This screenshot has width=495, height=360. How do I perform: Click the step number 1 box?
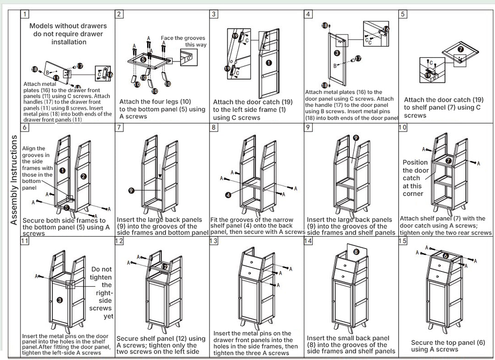[25, 14]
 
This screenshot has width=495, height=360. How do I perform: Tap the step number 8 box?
[214, 127]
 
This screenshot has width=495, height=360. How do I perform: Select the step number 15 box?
[402, 241]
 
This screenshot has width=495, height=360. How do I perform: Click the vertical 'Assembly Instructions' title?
[14, 180]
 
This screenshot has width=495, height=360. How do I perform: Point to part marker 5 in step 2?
[143, 59]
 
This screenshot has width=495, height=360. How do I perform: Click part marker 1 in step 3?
[269, 63]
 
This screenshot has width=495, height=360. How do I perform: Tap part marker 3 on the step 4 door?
[337, 53]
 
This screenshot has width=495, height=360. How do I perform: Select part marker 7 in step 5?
[460, 49]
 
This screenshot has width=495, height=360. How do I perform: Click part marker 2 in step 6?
[83, 176]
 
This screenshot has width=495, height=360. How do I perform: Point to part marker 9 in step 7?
[132, 190]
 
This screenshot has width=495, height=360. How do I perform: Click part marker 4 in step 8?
[228, 195]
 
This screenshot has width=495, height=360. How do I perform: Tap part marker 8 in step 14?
[356, 252]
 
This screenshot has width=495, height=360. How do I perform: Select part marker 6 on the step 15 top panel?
[446, 256]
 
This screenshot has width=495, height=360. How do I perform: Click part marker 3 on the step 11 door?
[59, 300]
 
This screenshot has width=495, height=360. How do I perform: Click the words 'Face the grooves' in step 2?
[183, 38]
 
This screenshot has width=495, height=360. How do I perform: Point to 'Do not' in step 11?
[101, 269]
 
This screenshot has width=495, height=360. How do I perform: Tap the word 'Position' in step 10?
[415, 162]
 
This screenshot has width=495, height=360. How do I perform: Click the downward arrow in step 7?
[160, 171]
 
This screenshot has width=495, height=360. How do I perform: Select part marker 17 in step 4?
[358, 58]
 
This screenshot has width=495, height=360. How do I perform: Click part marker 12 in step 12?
[165, 267]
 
